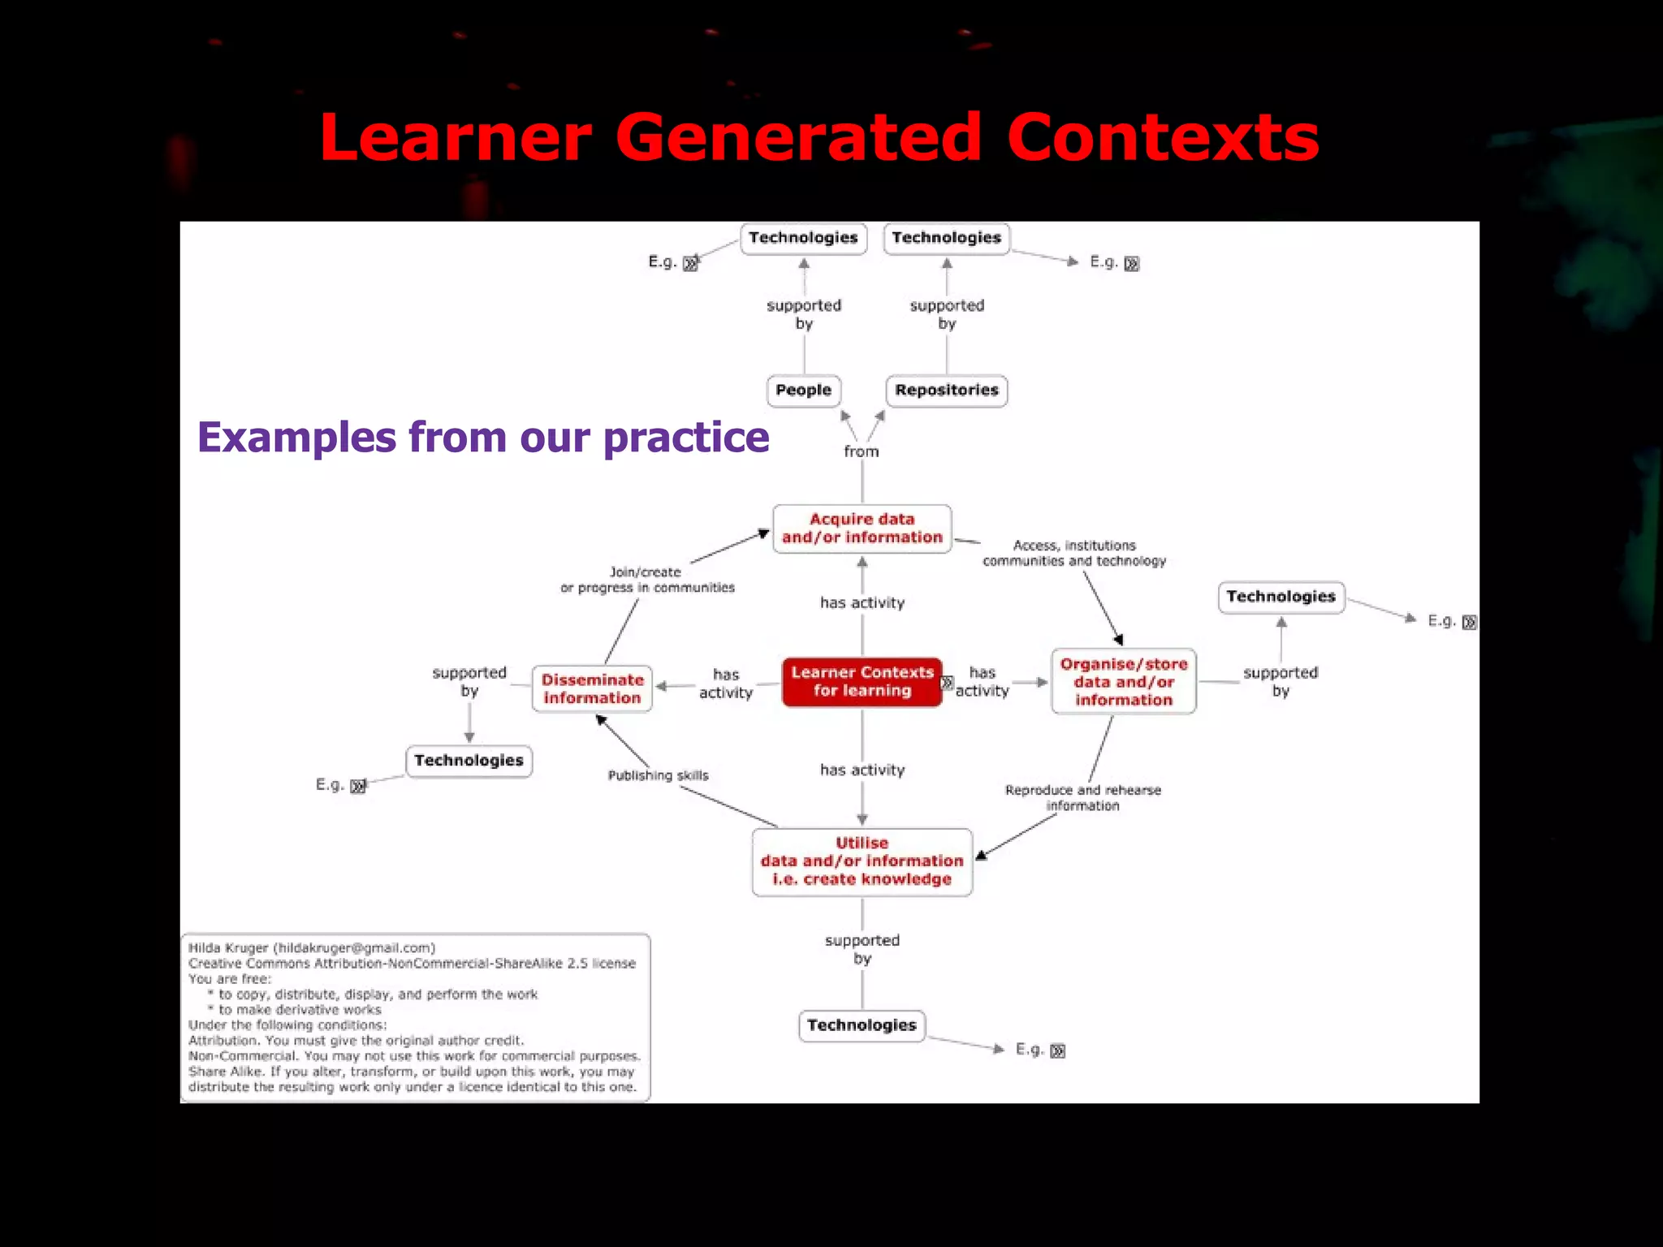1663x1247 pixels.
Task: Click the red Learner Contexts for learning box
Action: click(x=862, y=682)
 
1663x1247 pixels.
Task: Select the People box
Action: click(x=803, y=390)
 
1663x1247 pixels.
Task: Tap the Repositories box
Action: click(x=946, y=390)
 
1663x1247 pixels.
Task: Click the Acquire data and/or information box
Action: click(x=862, y=529)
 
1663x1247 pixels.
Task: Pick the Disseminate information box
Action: click(x=592, y=688)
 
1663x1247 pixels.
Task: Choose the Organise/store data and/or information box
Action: click(x=1123, y=682)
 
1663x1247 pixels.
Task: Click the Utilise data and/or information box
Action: click(x=862, y=861)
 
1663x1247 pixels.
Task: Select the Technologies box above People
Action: click(x=803, y=238)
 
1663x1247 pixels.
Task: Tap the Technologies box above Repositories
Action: click(x=946, y=238)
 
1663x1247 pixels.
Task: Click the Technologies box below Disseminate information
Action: click(x=469, y=761)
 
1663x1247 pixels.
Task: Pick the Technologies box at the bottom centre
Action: click(x=862, y=1025)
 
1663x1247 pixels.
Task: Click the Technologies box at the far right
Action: click(x=1281, y=597)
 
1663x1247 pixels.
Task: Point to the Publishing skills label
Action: click(x=658, y=775)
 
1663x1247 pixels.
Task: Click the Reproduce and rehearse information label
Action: click(x=1082, y=797)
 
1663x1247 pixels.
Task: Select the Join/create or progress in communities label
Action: click(x=647, y=580)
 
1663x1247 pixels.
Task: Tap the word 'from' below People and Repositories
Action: click(x=861, y=451)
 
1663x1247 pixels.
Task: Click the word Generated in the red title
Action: click(x=798, y=138)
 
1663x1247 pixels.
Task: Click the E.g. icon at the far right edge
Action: click(x=1469, y=623)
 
